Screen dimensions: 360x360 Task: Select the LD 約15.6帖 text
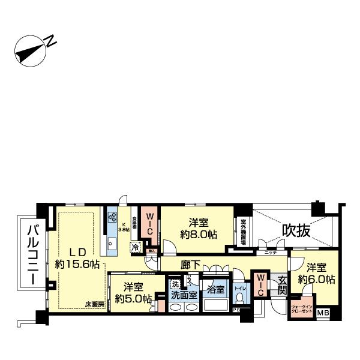(x=77, y=258)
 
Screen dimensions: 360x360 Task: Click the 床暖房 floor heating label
(x=94, y=305)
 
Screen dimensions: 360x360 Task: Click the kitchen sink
(x=111, y=244)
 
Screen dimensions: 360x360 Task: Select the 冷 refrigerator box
(x=136, y=247)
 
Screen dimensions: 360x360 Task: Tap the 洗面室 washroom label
(x=184, y=295)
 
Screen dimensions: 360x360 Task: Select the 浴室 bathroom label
(x=215, y=289)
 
